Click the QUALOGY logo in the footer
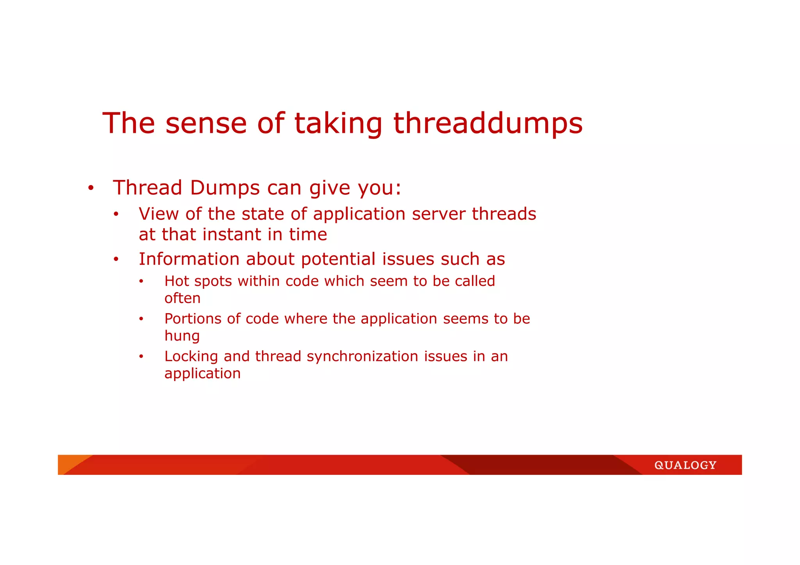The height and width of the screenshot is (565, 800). point(685,465)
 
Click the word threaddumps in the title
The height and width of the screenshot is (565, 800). point(488,123)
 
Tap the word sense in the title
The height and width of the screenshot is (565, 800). point(206,123)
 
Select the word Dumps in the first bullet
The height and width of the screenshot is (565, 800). point(225,188)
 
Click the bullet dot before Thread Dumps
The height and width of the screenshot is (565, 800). point(91,189)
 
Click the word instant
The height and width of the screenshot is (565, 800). point(232,234)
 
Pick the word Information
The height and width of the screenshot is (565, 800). point(189,259)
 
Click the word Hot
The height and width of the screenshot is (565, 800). point(177,281)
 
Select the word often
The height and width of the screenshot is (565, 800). point(182,298)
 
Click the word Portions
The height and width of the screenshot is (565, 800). point(193,319)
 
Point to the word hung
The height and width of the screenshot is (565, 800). point(182,336)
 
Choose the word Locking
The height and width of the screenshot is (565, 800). point(191,356)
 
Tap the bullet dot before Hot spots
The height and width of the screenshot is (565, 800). point(141,282)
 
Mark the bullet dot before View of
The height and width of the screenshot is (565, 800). point(116,214)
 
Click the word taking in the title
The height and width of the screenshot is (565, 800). point(338,123)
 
